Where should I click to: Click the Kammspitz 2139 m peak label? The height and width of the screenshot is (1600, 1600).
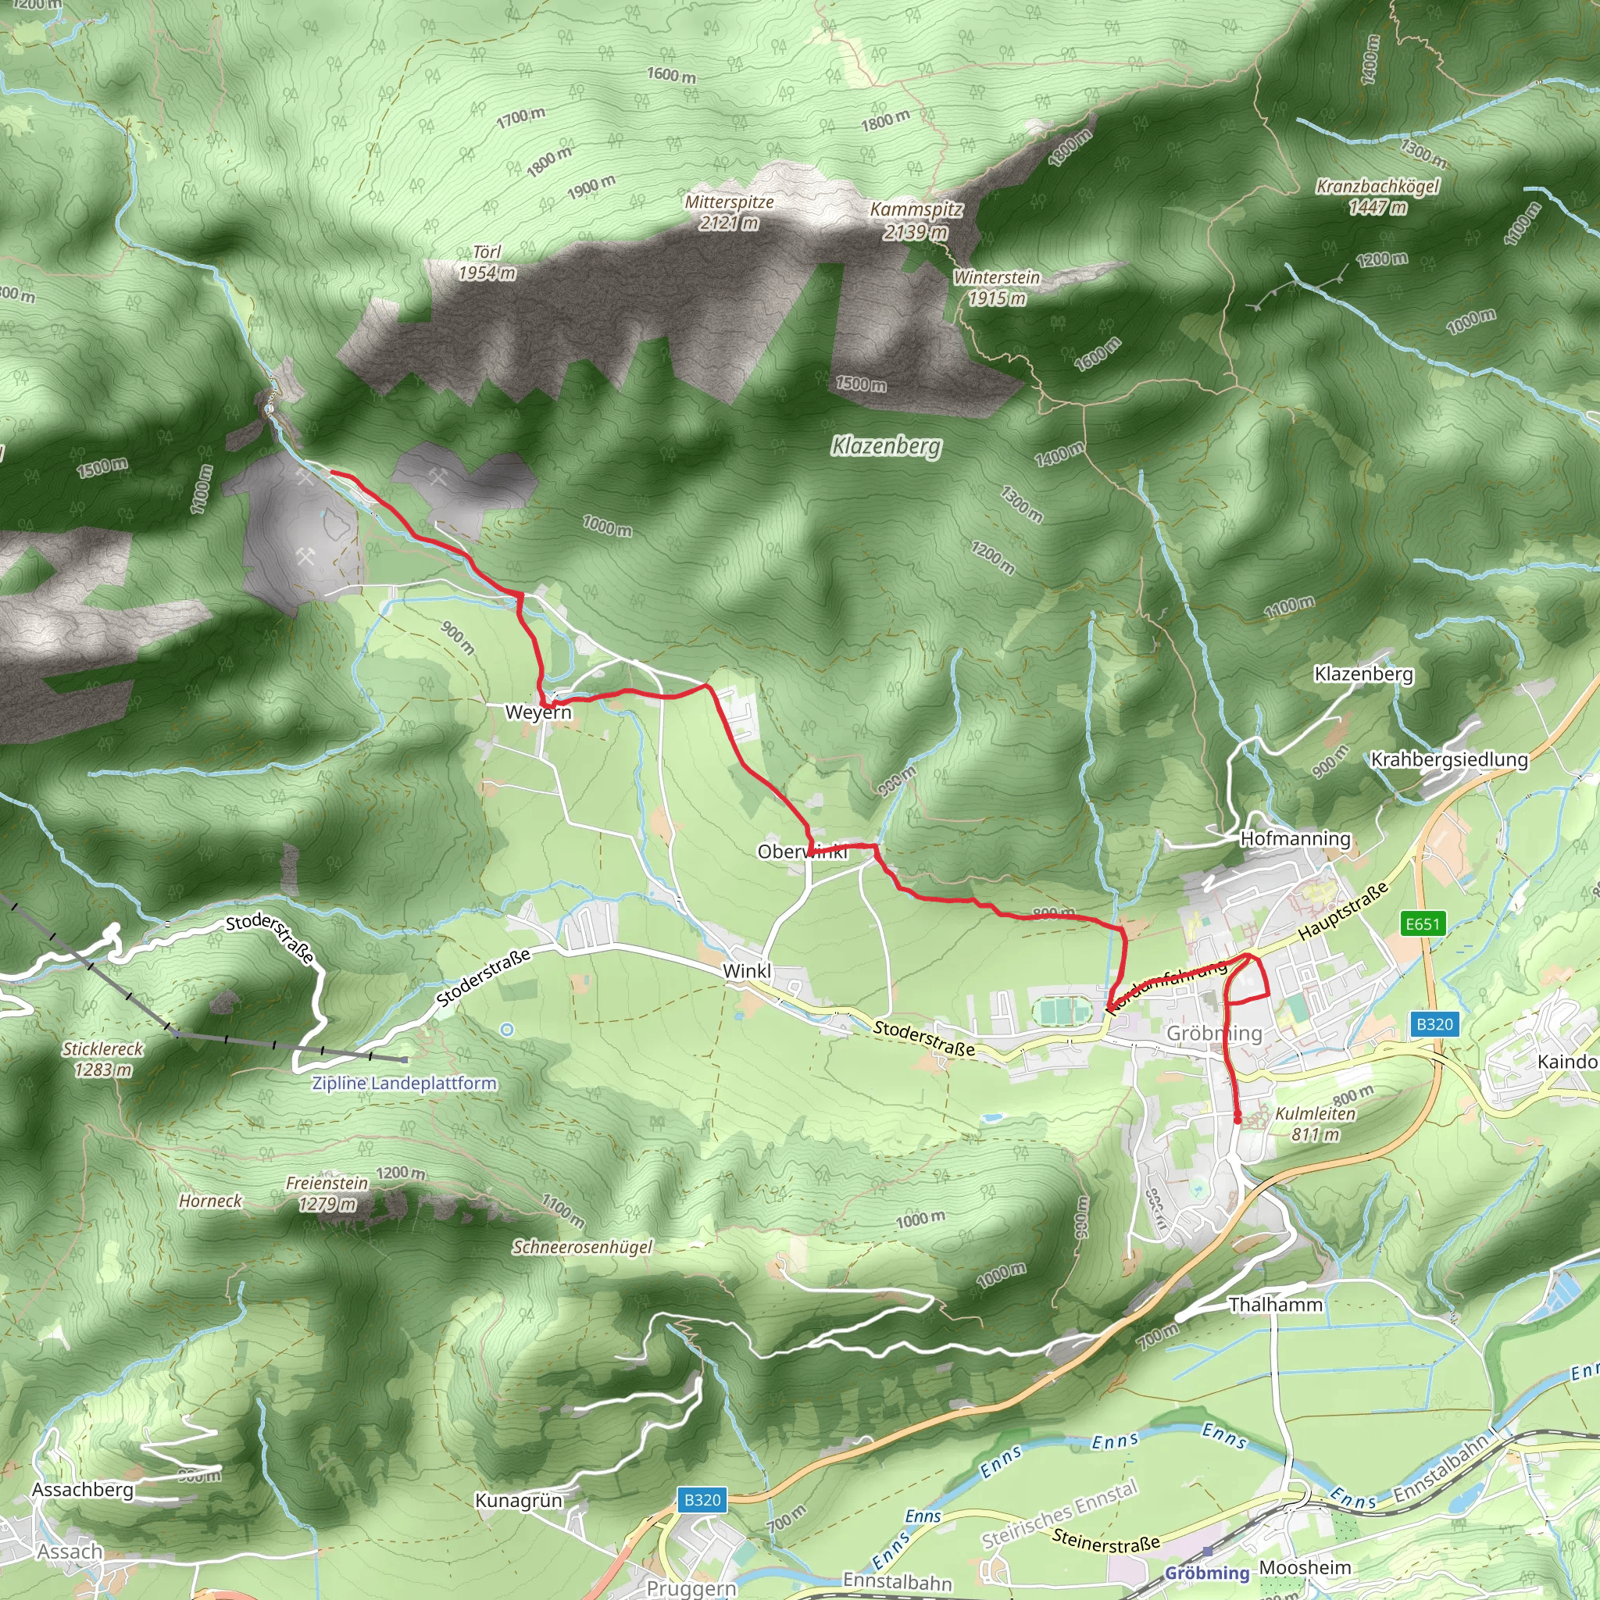click(915, 220)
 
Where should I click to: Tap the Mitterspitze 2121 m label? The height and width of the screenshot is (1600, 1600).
click(729, 212)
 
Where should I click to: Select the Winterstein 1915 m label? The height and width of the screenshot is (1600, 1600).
click(996, 287)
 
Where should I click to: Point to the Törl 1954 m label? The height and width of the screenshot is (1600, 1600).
click(487, 262)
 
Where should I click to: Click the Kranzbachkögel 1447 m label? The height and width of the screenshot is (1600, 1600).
click(1377, 196)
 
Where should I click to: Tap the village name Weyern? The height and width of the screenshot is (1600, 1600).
click(538, 712)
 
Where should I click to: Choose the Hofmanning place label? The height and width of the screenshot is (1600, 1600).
click(1295, 838)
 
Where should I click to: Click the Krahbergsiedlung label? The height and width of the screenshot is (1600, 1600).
click(1449, 759)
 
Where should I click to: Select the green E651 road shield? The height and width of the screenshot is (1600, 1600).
click(1422, 923)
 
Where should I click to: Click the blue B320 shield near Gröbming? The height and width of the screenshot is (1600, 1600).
click(1434, 1024)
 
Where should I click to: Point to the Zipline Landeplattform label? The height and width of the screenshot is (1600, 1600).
click(404, 1084)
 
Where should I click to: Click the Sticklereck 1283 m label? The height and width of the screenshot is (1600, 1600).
click(102, 1059)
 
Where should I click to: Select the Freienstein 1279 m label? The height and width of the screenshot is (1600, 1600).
click(327, 1194)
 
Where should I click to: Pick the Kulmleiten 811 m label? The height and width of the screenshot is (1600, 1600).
click(1315, 1123)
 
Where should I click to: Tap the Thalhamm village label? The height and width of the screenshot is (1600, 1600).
click(1275, 1305)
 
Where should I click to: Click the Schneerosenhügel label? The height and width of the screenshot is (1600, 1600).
click(582, 1247)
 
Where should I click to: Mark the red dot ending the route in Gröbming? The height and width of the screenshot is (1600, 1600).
click(1237, 1120)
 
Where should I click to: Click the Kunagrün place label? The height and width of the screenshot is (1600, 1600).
click(519, 1501)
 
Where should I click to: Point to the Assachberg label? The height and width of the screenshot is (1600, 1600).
click(83, 1490)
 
